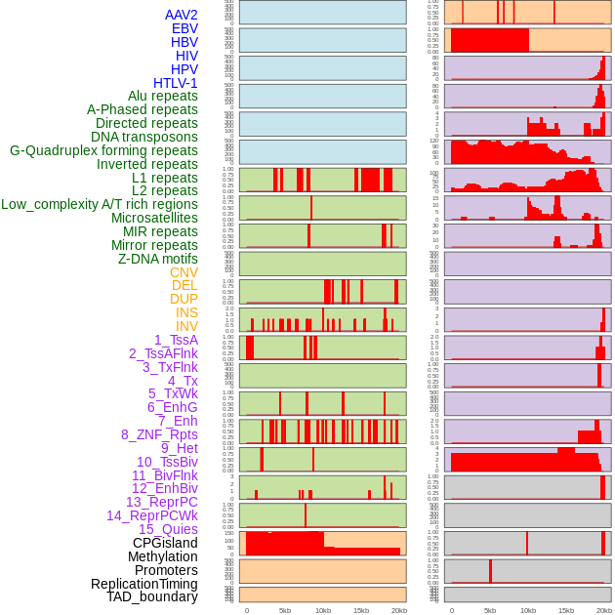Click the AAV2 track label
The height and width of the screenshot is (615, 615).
click(x=181, y=15)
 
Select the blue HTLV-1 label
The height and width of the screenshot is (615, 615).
click(x=175, y=83)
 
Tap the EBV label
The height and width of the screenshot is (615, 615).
click(x=184, y=28)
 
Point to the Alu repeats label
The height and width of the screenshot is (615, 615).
click(x=162, y=96)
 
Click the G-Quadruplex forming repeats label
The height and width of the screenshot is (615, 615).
click(x=103, y=150)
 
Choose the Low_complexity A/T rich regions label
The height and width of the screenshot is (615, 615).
click(x=100, y=204)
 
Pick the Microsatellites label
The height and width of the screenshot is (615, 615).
click(x=154, y=218)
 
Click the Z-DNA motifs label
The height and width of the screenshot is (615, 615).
click(x=158, y=259)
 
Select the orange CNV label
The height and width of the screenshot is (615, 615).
click(x=184, y=272)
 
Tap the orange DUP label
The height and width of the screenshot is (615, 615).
click(x=184, y=299)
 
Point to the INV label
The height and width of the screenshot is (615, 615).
click(x=186, y=326)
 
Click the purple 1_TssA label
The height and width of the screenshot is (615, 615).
click(x=176, y=340)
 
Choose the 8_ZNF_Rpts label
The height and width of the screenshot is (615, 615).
click(x=159, y=434)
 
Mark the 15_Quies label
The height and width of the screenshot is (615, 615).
click(x=168, y=529)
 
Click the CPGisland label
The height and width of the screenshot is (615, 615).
click(x=165, y=543)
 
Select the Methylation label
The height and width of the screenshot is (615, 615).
click(x=162, y=556)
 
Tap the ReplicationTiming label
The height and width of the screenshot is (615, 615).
click(x=143, y=584)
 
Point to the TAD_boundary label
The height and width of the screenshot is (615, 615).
click(x=151, y=596)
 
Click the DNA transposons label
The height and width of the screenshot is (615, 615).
click(x=144, y=137)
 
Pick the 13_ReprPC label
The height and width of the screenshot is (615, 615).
click(x=161, y=502)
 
